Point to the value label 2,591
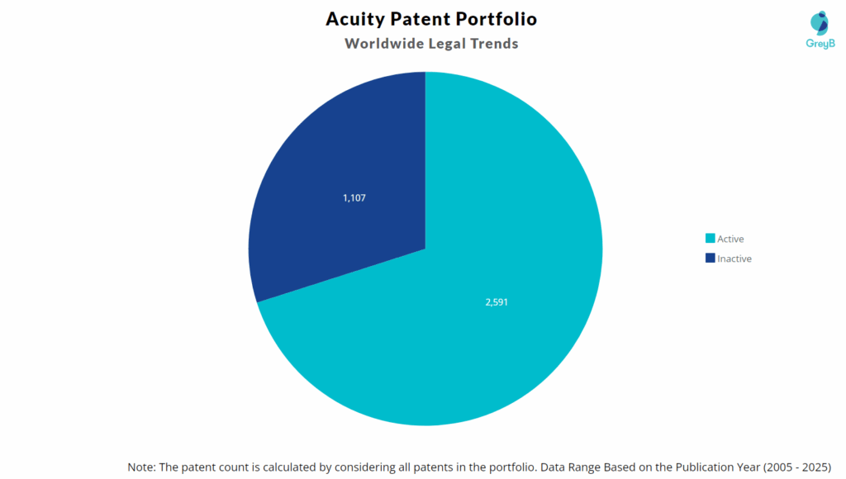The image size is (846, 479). (x=497, y=302)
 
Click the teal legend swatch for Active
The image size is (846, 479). (x=710, y=239)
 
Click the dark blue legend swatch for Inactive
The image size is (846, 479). (x=710, y=258)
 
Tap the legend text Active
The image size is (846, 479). (x=730, y=239)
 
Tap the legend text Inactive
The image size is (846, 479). (x=734, y=258)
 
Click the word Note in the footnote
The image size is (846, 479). (x=141, y=467)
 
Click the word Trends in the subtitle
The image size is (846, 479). (x=493, y=43)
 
